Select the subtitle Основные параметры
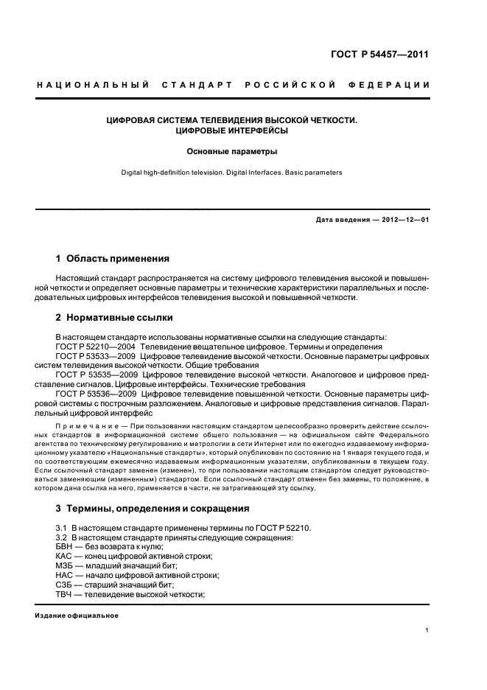tap(231, 152)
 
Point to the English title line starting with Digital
tap(231, 172)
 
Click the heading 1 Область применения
tap(113, 259)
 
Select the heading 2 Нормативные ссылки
tap(114, 318)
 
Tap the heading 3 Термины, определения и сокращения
tap(153, 508)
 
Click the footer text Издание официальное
tap(77, 615)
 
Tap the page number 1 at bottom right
tap(427, 630)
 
